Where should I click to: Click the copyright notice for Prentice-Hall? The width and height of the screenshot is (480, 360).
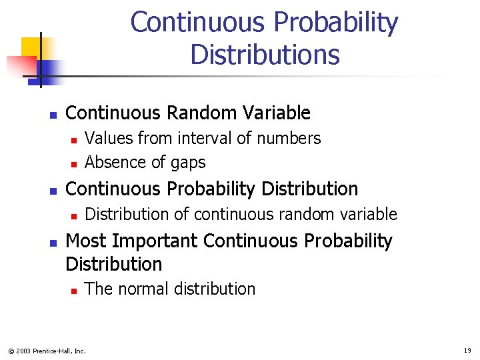[x=47, y=351]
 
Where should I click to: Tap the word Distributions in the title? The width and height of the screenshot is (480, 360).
[x=265, y=54]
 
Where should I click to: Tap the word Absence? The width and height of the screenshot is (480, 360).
[x=113, y=163]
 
